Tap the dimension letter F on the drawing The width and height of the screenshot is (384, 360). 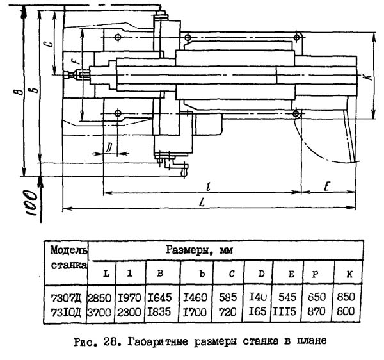pos(74,62)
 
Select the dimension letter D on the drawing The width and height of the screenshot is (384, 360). pos(109,147)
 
